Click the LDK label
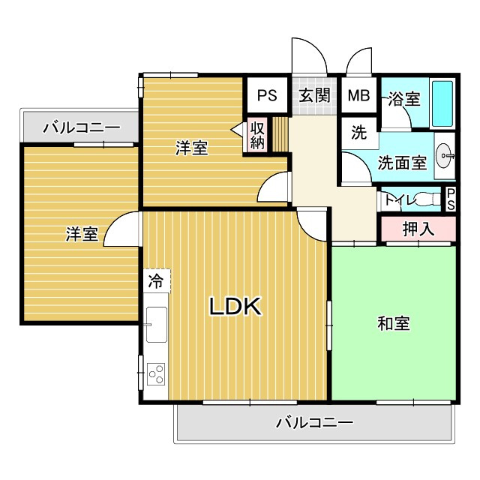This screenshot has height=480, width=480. (x=234, y=305)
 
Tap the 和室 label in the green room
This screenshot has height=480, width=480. (x=394, y=324)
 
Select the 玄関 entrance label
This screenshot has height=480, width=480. (x=314, y=95)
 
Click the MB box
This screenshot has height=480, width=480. (x=358, y=95)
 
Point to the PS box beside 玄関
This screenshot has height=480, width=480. (x=267, y=95)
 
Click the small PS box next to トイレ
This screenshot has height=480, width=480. (x=451, y=199)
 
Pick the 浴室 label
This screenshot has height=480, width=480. (x=404, y=99)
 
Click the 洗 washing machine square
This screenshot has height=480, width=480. (x=359, y=134)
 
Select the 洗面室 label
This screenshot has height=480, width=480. (x=402, y=162)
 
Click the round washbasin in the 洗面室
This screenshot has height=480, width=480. (x=445, y=156)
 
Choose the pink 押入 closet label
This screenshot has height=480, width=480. (x=418, y=229)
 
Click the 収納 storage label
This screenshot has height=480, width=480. (x=257, y=135)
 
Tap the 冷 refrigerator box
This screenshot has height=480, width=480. (x=155, y=282)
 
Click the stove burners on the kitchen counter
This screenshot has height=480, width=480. (x=157, y=373)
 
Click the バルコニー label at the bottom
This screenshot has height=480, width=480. (x=314, y=423)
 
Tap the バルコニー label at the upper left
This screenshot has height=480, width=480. (x=81, y=127)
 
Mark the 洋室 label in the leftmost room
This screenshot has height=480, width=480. (x=81, y=234)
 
